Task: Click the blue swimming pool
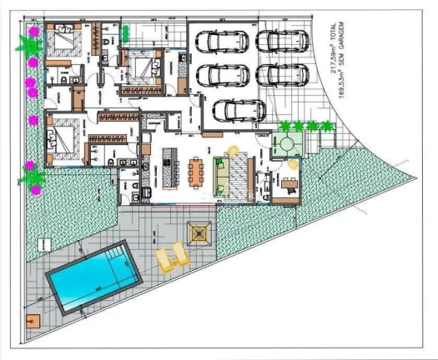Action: click(x=91, y=276)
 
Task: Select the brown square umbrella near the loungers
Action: click(x=199, y=232)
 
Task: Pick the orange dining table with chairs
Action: click(x=197, y=172)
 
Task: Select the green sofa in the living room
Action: click(x=222, y=172)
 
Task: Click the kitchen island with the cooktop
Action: click(x=172, y=167)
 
